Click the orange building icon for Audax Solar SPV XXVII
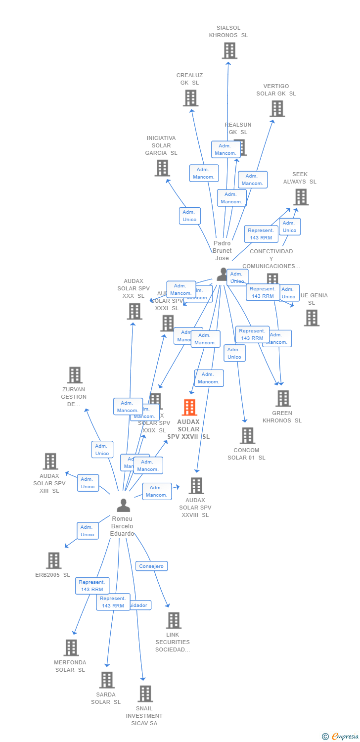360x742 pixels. pyautogui.click(x=189, y=407)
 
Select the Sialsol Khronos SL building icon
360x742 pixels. pyautogui.click(x=229, y=50)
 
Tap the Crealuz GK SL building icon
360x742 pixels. pyautogui.click(x=190, y=98)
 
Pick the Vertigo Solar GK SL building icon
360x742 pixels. pyautogui.click(x=277, y=109)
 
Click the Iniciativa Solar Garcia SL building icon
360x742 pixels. pyautogui.click(x=162, y=168)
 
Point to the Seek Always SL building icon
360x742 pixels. pyautogui.click(x=301, y=197)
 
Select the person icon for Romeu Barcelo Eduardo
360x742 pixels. pyautogui.click(x=123, y=505)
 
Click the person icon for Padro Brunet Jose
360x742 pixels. pyautogui.click(x=223, y=274)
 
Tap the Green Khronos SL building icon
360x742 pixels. pyautogui.click(x=283, y=398)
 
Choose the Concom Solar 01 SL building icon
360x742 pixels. pyautogui.click(x=247, y=436)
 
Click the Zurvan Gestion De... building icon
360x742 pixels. pyautogui.click(x=75, y=375)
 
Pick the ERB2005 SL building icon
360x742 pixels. pyautogui.click(x=53, y=560)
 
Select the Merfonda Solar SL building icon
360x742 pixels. pyautogui.click(x=71, y=648)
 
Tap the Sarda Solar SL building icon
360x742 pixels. pyautogui.click(x=107, y=680)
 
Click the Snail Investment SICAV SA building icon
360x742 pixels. pyautogui.click(x=145, y=694)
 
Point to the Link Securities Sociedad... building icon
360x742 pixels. pyautogui.click(x=173, y=620)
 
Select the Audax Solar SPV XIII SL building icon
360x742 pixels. pyautogui.click(x=50, y=461)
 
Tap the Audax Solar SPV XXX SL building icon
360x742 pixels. pyautogui.click(x=135, y=312)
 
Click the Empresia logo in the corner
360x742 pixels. pyautogui.click(x=341, y=737)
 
